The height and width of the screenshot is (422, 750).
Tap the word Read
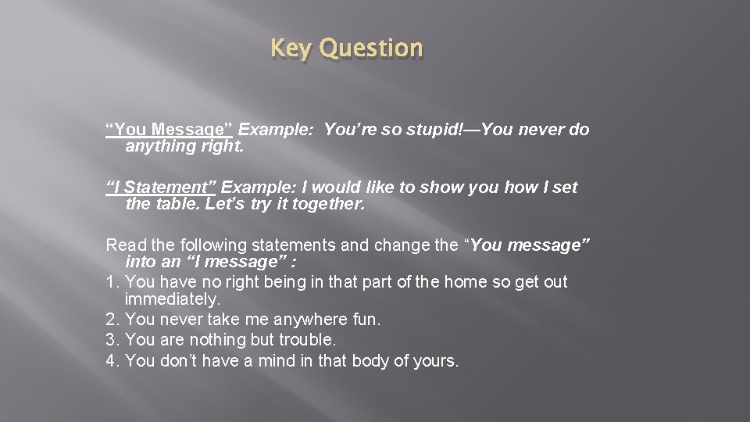(123, 245)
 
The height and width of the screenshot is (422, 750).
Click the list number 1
(112, 281)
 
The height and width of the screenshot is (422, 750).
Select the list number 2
(112, 320)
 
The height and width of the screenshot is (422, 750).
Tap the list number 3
(112, 340)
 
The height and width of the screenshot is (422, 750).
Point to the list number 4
(112, 360)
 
